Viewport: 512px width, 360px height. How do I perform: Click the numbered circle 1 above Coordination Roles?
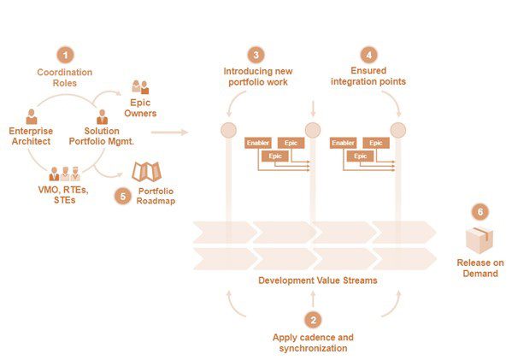(x=65, y=55)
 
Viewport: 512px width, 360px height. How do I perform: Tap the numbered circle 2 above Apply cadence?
(x=313, y=320)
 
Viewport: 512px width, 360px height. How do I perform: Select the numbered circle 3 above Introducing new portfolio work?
(x=256, y=55)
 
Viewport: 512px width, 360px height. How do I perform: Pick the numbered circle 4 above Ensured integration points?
(x=369, y=55)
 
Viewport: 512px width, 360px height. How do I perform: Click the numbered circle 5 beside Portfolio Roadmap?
(x=123, y=197)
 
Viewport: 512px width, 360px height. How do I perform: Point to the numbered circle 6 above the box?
(x=480, y=212)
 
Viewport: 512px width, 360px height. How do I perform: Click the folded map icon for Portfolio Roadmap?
(x=147, y=172)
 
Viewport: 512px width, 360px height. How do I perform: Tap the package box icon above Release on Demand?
(x=479, y=240)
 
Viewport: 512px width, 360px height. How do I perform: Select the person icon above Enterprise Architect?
(x=32, y=116)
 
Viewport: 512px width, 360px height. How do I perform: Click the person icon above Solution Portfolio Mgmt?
(x=103, y=116)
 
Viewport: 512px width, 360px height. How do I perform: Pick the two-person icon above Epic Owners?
(x=140, y=87)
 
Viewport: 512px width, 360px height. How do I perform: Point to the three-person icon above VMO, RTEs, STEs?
(x=65, y=174)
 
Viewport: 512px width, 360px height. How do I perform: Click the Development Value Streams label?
(x=318, y=280)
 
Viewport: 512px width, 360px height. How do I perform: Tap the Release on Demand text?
(x=480, y=268)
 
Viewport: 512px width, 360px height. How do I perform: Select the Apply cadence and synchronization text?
(x=313, y=343)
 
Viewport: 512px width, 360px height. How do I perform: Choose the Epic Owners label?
(x=140, y=108)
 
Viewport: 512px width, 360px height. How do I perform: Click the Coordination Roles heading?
(x=65, y=78)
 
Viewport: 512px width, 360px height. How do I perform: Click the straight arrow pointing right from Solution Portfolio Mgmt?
(x=169, y=133)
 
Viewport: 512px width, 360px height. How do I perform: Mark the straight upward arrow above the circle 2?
(x=313, y=299)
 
